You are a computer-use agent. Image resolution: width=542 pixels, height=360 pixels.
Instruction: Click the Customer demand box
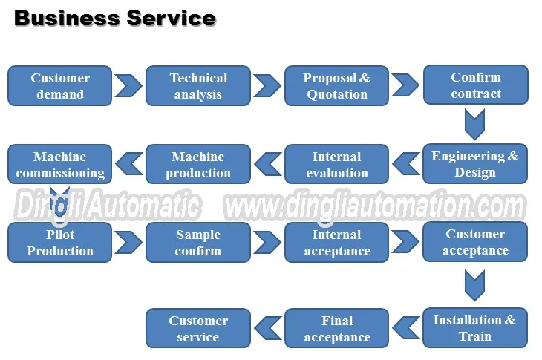(59, 86)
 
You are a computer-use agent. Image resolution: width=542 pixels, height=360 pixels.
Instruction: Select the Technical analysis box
(198, 86)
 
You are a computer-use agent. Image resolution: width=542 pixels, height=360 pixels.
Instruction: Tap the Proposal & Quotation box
(336, 86)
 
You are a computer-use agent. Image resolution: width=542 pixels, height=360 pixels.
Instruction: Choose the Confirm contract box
(475, 85)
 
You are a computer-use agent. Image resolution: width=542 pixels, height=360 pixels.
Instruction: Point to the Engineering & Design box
(475, 164)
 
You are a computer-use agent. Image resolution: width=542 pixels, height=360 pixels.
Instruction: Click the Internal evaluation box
(336, 165)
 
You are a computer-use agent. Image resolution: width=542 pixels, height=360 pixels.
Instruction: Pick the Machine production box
(198, 165)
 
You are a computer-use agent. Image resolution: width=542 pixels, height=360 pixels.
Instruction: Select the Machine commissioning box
(59, 165)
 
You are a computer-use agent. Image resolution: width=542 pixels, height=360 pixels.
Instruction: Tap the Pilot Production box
(59, 243)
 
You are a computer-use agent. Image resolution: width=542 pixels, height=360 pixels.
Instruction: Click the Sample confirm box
(198, 243)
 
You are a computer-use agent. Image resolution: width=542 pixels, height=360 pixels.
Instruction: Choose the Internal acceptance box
(336, 243)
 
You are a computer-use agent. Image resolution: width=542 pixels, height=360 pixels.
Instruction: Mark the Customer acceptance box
(475, 242)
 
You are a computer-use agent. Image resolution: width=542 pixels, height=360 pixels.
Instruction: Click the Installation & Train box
(475, 328)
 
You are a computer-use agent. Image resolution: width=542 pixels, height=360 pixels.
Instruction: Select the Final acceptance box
(336, 329)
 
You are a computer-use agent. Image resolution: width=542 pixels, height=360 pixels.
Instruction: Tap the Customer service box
(198, 329)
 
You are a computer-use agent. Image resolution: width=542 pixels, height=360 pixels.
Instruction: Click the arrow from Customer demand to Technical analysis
(128, 85)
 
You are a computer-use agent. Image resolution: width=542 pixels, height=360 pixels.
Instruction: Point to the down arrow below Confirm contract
(475, 123)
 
